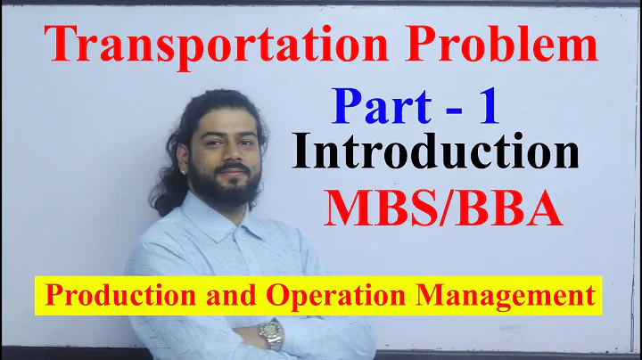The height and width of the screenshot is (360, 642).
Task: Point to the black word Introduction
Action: [436, 152]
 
